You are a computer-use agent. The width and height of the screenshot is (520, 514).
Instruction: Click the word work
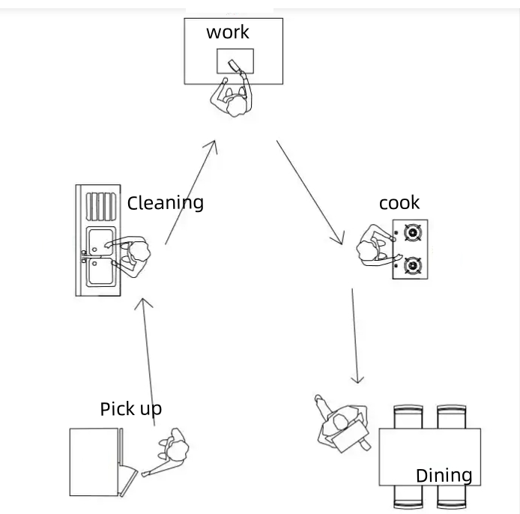(x=228, y=32)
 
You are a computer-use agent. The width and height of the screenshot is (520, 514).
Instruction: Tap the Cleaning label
(x=165, y=203)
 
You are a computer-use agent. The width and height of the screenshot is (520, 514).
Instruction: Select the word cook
(x=399, y=203)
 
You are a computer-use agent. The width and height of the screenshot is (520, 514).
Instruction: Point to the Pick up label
(x=130, y=409)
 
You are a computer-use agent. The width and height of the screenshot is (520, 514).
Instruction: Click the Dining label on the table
(x=444, y=475)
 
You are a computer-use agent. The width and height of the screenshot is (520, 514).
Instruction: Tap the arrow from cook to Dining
(x=355, y=336)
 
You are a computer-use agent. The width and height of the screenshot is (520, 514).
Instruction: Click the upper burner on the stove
(x=411, y=233)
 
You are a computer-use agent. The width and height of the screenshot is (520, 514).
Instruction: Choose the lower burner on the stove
(x=411, y=265)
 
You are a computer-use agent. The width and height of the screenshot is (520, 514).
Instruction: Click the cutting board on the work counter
(x=235, y=61)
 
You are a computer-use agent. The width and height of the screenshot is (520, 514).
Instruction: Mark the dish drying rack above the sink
(x=100, y=205)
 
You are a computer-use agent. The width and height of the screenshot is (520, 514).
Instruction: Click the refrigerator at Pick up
(x=94, y=463)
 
